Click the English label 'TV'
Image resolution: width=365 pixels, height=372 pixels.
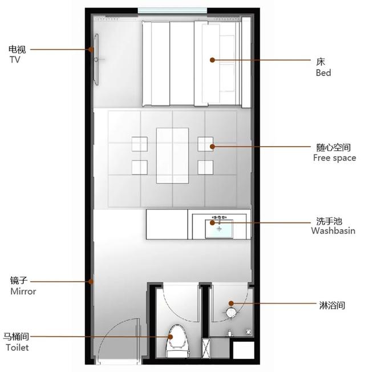pos(15,59)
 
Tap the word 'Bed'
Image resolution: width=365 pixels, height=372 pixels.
pos(323,72)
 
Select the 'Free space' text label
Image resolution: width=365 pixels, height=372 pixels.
pos(334,158)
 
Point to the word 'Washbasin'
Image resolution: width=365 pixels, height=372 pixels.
pos(333,231)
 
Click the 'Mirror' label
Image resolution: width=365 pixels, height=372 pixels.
pos(23,291)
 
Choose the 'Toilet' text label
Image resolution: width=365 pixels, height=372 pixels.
pos(17,347)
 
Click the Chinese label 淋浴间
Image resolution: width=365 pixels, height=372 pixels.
pos(332,305)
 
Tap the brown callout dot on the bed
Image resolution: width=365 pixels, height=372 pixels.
pos(212,60)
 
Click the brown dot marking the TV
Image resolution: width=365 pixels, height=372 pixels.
pos(91,50)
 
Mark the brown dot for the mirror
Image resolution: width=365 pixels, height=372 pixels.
pos(91,282)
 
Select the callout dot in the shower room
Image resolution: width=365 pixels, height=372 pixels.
pos(231,303)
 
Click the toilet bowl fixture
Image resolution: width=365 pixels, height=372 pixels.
pos(177,341)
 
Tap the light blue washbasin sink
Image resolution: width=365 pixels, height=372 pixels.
pos(219,229)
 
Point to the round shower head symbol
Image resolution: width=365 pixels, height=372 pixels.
pos(231,313)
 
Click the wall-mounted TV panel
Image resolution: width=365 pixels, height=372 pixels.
pos(96,59)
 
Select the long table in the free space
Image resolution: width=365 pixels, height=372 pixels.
pos(172,156)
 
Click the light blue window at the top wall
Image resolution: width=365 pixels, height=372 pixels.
pos(172,11)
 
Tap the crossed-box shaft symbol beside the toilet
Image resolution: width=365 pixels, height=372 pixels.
pos(206,348)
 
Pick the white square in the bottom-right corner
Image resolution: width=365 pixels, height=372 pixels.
pos(244,350)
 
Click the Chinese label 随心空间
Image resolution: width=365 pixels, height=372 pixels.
pos(334,148)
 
